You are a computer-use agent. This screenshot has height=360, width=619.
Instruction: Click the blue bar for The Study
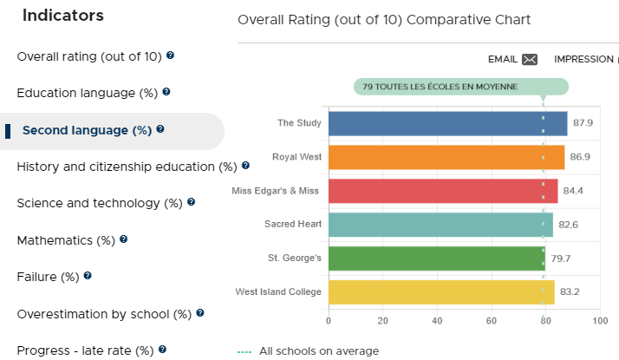point(447,124)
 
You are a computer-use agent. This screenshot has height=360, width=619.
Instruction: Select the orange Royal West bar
point(446,157)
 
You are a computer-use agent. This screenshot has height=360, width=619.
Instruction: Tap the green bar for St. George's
point(437,259)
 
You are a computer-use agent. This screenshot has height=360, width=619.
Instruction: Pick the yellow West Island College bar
point(441,292)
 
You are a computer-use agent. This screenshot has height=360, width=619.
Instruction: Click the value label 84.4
point(573,191)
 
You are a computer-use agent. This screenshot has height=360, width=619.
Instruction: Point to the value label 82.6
point(568,225)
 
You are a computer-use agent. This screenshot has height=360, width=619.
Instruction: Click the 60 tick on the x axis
point(491,320)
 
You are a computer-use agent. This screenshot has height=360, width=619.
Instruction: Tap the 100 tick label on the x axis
point(600,320)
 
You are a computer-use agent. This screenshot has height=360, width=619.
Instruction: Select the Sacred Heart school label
point(293,224)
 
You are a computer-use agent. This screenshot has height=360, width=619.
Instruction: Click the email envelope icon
point(530,59)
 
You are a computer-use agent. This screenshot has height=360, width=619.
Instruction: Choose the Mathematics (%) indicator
point(66,240)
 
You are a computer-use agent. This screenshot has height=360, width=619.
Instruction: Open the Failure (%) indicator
point(49,277)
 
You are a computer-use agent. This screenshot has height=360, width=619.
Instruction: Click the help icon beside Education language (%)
point(166,92)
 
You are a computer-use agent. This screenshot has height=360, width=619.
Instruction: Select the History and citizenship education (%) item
point(127,167)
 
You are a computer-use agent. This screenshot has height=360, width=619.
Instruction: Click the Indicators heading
point(63,16)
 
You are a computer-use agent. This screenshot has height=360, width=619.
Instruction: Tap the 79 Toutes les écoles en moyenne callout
point(460,87)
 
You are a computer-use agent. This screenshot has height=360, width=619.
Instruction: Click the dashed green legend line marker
point(244,351)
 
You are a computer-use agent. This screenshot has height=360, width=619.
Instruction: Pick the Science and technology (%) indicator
point(100,203)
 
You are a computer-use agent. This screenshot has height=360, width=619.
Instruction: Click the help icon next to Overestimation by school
point(200,313)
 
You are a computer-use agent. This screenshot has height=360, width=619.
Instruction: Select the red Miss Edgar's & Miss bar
point(443,191)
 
